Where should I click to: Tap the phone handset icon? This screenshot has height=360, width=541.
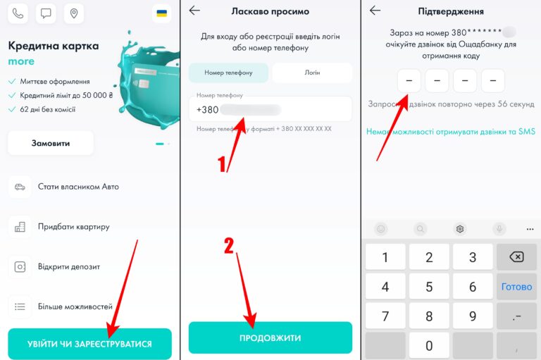(x=18, y=13)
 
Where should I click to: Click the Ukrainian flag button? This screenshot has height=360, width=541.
(x=161, y=13)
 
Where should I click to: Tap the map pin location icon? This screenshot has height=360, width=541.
(x=74, y=13)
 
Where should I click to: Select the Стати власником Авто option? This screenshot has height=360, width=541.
(x=78, y=187)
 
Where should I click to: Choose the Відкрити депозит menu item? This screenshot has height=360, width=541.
(x=69, y=267)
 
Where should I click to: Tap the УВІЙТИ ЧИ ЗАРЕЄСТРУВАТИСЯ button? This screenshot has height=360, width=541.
(x=89, y=344)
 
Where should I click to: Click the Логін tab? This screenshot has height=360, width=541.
(x=312, y=73)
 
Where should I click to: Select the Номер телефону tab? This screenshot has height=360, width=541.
(x=228, y=73)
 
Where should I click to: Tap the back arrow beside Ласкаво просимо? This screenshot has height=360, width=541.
(x=194, y=11)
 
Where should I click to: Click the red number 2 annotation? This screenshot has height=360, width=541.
(x=229, y=246)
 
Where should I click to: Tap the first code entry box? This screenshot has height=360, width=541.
(x=409, y=81)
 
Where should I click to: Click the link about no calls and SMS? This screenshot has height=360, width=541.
(x=451, y=132)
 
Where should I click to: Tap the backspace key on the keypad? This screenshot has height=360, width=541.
(x=516, y=257)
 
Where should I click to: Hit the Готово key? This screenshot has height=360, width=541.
(x=516, y=287)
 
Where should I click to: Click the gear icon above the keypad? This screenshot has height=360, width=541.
(x=459, y=229)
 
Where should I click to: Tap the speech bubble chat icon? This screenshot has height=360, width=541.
(x=46, y=13)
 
